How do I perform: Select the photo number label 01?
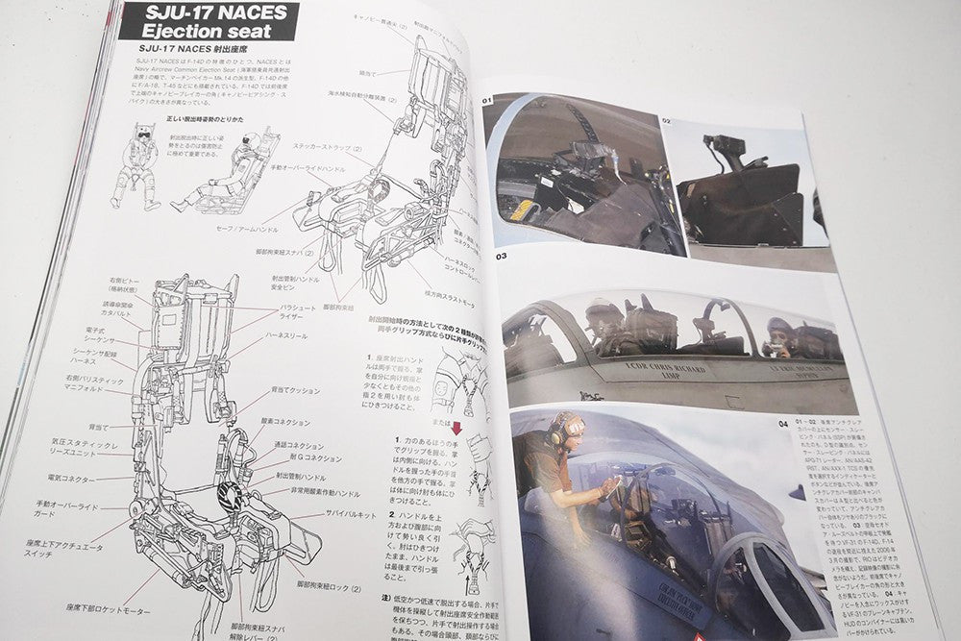click(486, 100)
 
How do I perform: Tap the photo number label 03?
click(501, 257)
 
